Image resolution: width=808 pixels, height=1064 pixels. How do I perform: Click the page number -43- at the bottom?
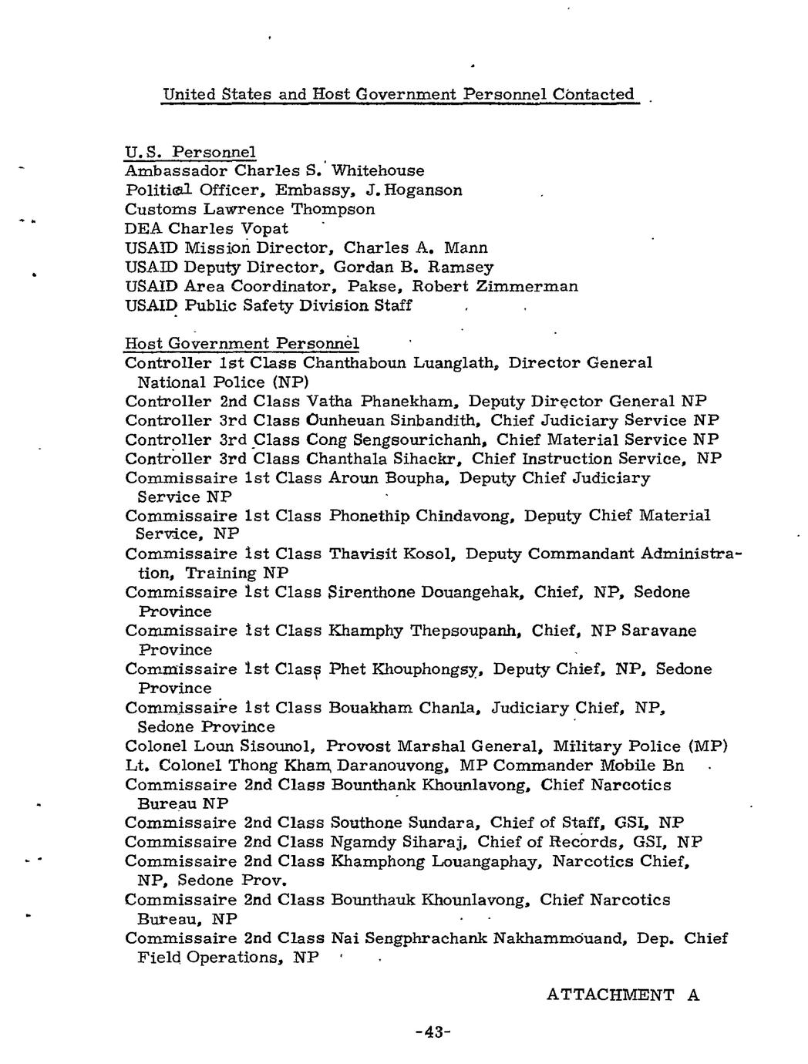click(x=432, y=1032)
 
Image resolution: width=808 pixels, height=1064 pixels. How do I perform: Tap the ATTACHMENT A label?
click(x=622, y=995)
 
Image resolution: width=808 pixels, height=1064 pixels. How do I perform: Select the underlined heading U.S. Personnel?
click(x=190, y=151)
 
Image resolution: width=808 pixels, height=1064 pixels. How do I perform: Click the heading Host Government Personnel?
click(x=241, y=343)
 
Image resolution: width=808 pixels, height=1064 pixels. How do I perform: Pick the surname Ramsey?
click(x=460, y=267)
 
